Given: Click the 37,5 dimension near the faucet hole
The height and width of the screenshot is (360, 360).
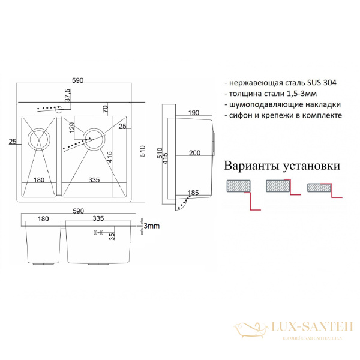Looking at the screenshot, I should pos(68,97).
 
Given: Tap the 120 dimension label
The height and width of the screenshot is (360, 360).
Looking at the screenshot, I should pos(71,128).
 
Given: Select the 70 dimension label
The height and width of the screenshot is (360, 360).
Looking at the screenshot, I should pos(104,108).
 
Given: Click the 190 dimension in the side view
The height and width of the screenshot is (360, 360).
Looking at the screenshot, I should pos(193,113).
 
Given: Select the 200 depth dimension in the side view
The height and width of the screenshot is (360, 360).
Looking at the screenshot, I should pos(194,152).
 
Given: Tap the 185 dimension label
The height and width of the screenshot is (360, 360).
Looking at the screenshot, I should pos(193,193).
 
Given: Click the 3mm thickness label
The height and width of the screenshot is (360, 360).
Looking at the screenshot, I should pos(151,226).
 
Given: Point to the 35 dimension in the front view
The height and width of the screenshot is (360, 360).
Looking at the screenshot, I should pos(112,236).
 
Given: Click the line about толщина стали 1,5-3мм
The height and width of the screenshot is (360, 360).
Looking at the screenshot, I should pos(272,94).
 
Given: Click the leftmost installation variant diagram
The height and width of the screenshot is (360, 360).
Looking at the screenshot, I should pos(242,192).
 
